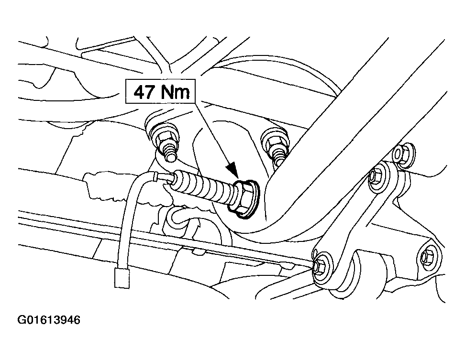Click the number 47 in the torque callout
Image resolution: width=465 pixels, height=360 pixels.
click(x=143, y=92)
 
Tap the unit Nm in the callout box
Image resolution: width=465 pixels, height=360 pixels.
click(x=175, y=92)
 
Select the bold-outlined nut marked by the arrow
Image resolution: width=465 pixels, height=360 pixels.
click(x=244, y=198)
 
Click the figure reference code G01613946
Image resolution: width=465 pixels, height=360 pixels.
click(x=49, y=320)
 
